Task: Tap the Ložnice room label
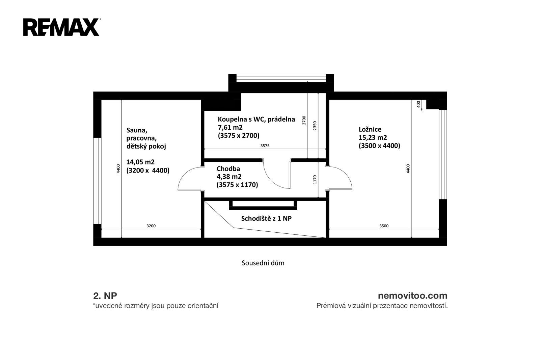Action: click(370, 129)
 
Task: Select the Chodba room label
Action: click(228, 169)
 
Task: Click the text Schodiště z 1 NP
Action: click(266, 218)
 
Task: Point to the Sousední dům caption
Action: click(263, 263)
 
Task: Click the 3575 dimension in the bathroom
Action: click(265, 146)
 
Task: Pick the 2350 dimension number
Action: click(315, 126)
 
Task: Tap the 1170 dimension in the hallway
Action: click(315, 180)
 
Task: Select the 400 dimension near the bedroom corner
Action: click(418, 104)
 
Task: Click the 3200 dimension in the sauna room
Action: click(151, 226)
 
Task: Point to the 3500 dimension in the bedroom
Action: click(384, 226)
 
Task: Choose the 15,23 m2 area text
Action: click(373, 137)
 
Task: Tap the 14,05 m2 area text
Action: click(140, 162)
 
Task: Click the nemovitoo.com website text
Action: click(412, 295)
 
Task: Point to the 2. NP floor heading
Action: click(105, 295)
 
